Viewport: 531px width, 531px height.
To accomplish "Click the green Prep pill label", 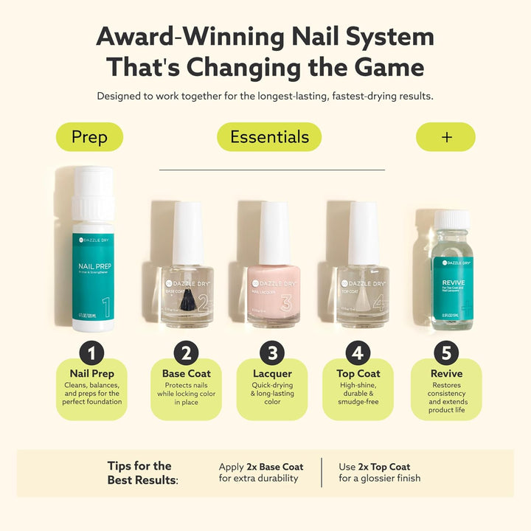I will tap(89, 137).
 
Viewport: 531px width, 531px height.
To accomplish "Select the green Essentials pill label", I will tap(269, 137).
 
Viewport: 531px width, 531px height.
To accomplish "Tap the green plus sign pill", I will tap(445, 137).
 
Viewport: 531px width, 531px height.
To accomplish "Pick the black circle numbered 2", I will tap(186, 353).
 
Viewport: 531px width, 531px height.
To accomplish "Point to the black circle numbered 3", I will tap(271, 353).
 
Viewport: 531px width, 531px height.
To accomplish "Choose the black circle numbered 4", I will tap(358, 353).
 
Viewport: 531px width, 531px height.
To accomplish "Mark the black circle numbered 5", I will tap(446, 353).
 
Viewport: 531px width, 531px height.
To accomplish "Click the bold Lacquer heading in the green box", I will tap(271, 374).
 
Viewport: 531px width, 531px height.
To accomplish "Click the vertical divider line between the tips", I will tap(322, 473).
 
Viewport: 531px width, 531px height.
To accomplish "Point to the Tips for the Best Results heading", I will tap(143, 473).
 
